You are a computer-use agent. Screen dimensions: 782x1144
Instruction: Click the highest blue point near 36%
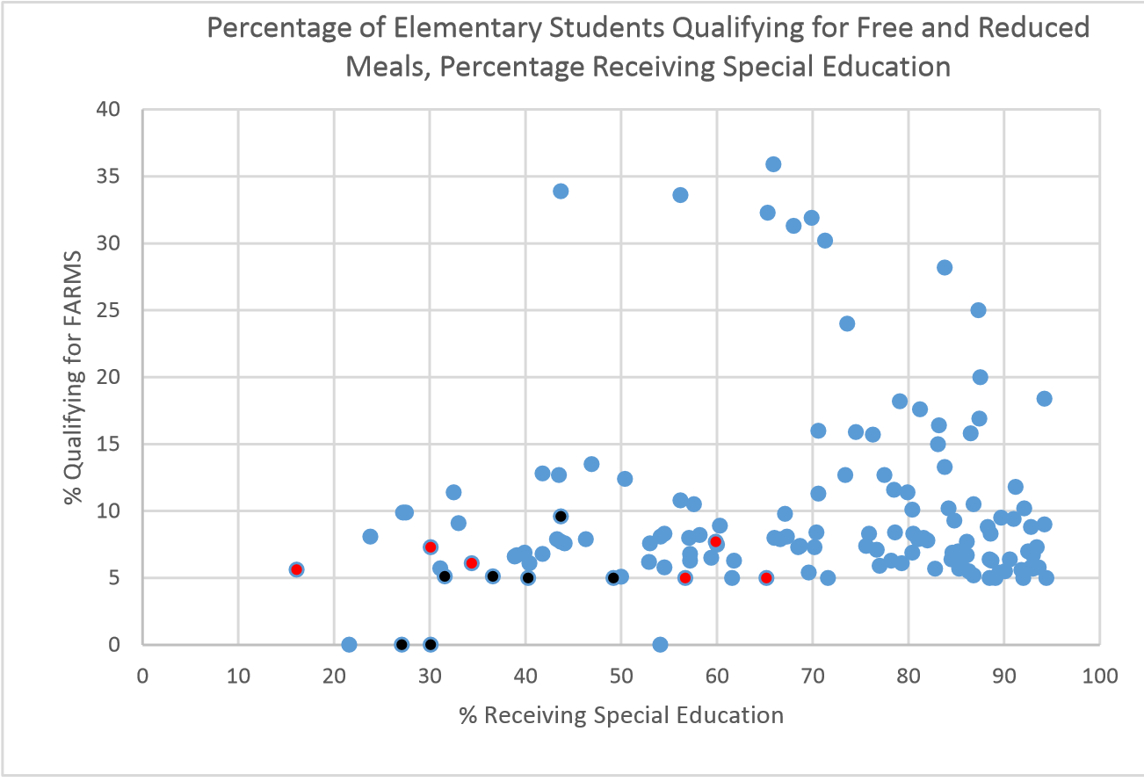pos(773,164)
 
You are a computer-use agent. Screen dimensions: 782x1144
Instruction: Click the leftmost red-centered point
pos(297,569)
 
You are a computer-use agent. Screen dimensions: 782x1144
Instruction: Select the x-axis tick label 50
pos(620,677)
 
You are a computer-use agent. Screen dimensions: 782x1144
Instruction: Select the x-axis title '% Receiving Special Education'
pos(620,715)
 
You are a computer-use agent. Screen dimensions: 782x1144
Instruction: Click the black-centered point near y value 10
pos(561,516)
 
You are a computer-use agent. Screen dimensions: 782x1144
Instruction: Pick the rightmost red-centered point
pos(766,577)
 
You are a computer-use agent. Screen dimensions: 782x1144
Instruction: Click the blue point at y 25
pos(978,310)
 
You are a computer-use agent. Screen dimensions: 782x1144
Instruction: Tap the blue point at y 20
pos(980,377)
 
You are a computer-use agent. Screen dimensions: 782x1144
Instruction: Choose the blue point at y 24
pos(847,323)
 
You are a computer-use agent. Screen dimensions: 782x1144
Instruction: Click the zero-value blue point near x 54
pos(660,644)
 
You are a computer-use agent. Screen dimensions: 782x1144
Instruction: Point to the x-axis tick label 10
pos(238,677)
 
